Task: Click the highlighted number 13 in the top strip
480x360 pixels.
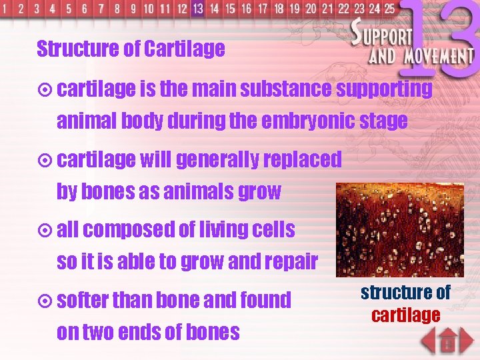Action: coord(197,9)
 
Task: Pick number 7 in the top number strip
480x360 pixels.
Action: coord(101,9)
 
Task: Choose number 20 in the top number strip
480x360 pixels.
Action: coord(311,9)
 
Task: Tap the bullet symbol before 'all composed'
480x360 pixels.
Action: coord(45,231)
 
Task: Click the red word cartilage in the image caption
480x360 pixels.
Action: coord(405,315)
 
